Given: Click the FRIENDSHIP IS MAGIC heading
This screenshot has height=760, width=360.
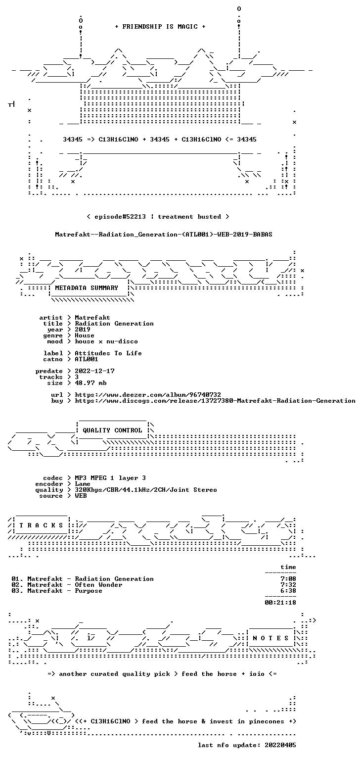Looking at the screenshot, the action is point(160,27).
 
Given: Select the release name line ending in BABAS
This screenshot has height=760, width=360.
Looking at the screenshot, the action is point(163,235).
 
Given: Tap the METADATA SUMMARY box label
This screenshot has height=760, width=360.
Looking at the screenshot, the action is point(87,288).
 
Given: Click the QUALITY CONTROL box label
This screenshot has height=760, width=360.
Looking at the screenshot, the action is point(112,430).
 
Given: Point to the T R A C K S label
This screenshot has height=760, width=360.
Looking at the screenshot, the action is point(41,525).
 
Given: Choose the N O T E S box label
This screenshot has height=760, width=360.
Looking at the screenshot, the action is point(270,638).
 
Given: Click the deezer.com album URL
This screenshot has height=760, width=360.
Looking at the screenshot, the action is point(148,395).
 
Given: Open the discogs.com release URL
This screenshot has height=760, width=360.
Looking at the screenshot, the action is point(215,401).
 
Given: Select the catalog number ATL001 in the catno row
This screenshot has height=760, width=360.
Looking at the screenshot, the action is point(87,359).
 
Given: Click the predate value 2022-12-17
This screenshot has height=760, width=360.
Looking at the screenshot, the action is point(94,371).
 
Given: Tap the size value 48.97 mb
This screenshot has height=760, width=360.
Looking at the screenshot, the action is point(90,383).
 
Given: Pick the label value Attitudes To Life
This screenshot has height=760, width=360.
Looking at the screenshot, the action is point(108,353).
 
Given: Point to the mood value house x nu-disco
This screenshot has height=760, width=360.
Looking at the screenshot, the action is point(106,341).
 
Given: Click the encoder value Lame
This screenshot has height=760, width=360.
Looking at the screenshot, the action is point(83,484).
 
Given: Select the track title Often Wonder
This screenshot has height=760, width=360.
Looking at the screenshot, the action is point(98,585).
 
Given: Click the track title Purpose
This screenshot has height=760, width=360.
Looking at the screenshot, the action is point(89,591).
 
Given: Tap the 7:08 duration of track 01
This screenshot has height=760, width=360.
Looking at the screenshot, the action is point(288,579).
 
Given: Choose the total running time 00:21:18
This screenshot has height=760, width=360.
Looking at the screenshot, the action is point(280,603).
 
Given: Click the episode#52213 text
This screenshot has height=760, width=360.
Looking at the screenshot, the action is point(120,217).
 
